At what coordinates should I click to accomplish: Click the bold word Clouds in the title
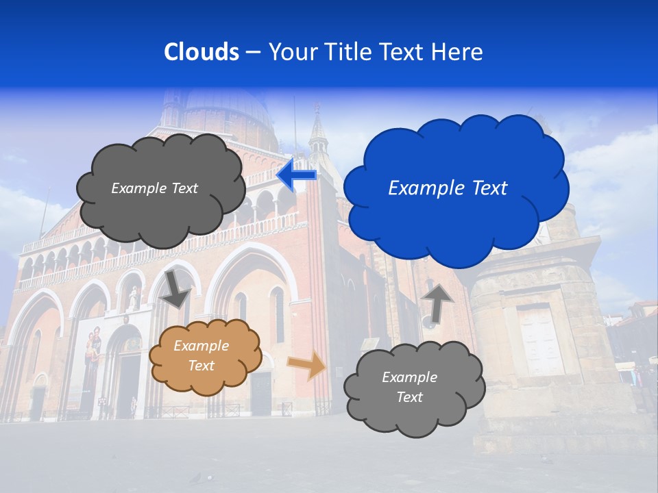click(x=202, y=52)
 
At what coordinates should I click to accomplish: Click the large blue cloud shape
click(x=456, y=188)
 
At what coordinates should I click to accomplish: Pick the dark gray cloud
click(x=161, y=188)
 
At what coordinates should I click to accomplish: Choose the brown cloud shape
click(x=204, y=356)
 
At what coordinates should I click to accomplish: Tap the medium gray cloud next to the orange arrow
click(x=415, y=388)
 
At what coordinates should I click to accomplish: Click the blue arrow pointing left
click(x=297, y=175)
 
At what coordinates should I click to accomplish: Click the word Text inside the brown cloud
click(x=201, y=366)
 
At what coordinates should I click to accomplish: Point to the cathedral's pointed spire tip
click(x=317, y=106)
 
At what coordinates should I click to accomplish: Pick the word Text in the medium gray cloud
click(x=409, y=398)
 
